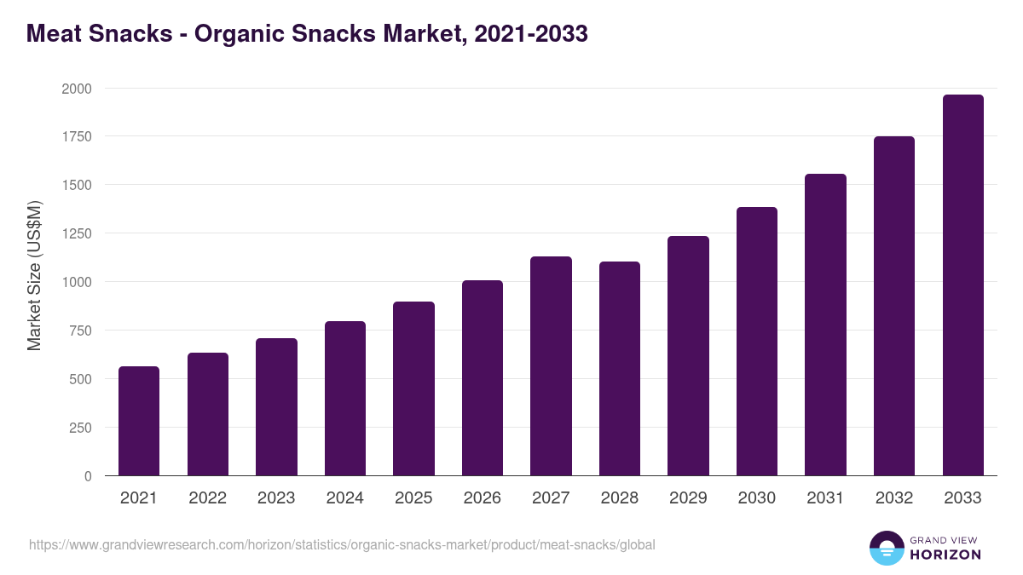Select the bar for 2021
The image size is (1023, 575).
(x=139, y=421)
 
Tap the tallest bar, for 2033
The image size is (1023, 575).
(x=962, y=285)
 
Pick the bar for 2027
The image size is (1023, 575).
(x=551, y=365)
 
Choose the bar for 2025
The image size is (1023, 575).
(x=413, y=388)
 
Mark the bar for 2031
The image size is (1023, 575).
(x=825, y=325)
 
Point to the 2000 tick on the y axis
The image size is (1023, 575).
(x=77, y=89)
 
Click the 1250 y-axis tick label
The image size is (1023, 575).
(x=77, y=233)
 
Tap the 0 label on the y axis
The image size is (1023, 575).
(x=88, y=476)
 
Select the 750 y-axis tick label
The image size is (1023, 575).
(x=80, y=331)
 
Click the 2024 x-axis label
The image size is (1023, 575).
(x=344, y=498)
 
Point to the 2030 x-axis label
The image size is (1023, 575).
(x=756, y=498)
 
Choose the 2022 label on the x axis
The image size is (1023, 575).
(x=207, y=498)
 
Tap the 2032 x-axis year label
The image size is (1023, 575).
(x=893, y=498)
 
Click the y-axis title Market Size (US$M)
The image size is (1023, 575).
(x=34, y=275)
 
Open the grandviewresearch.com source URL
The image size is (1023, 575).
(x=342, y=544)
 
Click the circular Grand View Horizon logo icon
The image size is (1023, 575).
(x=886, y=548)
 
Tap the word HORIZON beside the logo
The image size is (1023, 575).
(x=945, y=555)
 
